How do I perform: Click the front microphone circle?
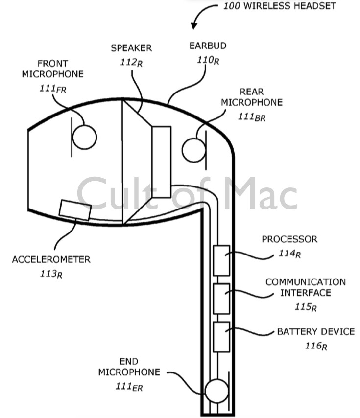(x=84, y=137)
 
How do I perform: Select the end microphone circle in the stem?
(x=216, y=392)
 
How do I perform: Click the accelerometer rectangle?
(x=75, y=210)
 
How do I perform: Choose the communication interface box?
(x=222, y=299)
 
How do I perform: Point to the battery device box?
(x=222, y=337)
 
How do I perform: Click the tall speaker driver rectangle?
(x=161, y=162)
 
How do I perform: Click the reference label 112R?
(x=131, y=63)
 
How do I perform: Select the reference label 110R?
(x=208, y=60)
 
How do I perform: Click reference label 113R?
(x=51, y=274)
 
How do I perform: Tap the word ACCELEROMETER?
(x=51, y=259)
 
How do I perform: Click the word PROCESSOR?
(x=289, y=239)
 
